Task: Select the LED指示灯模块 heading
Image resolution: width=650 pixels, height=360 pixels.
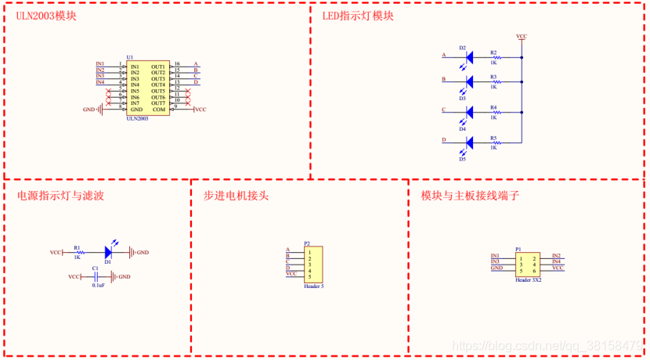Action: (x=358, y=16)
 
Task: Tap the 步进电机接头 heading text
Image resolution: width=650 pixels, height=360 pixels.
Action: (x=236, y=196)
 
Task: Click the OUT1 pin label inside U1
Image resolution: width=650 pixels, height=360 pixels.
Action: (x=158, y=67)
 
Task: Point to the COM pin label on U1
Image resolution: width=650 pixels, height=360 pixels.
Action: (x=160, y=110)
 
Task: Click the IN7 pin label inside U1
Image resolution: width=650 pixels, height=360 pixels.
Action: (x=135, y=103)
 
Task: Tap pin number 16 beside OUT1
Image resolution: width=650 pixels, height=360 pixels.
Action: (x=177, y=64)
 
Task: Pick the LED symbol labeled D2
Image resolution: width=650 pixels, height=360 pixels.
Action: (x=468, y=57)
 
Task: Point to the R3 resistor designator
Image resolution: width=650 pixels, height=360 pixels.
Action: (x=493, y=77)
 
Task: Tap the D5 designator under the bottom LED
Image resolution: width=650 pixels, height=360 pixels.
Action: (x=463, y=159)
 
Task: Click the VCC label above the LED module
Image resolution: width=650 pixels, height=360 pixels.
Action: (x=522, y=36)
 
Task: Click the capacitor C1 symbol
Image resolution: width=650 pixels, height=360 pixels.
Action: (x=96, y=277)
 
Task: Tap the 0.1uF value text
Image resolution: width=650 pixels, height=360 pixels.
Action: (x=98, y=286)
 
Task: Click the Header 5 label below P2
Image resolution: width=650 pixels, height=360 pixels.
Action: (x=313, y=286)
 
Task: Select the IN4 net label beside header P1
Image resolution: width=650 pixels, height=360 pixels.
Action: (x=556, y=261)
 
